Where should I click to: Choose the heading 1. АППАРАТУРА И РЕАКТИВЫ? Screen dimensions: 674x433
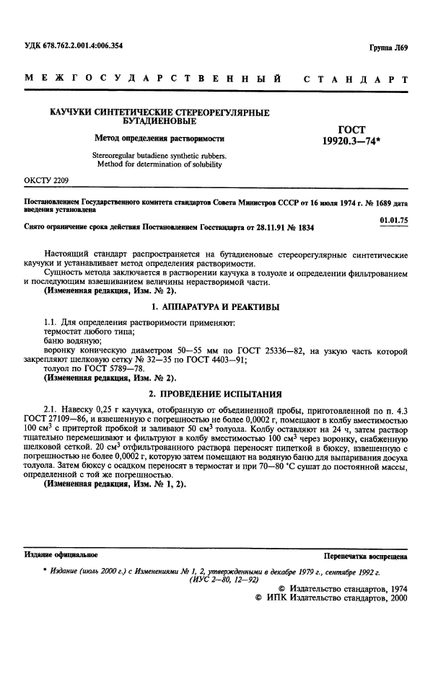click(209, 307)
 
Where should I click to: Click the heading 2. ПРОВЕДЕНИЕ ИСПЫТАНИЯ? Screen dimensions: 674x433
click(209, 394)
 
